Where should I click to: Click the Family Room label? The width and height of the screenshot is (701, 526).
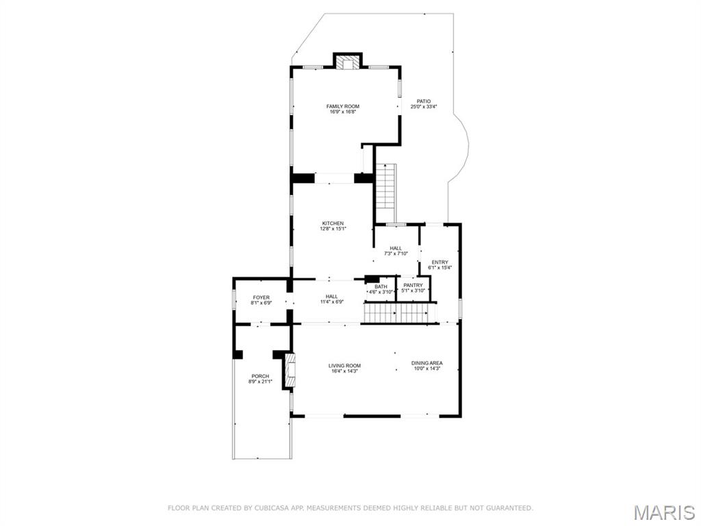pyautogui.click(x=342, y=106)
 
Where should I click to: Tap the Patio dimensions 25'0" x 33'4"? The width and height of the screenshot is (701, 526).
pyautogui.click(x=424, y=107)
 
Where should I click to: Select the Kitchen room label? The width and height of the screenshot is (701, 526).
pyautogui.click(x=333, y=223)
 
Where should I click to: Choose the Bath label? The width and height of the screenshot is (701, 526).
pyautogui.click(x=381, y=286)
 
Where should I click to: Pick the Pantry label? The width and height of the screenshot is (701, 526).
pyautogui.click(x=413, y=285)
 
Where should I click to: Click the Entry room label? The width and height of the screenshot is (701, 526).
pyautogui.click(x=439, y=262)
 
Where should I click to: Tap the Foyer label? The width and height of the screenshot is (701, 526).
pyautogui.click(x=261, y=297)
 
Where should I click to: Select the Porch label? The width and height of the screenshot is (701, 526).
pyautogui.click(x=260, y=376)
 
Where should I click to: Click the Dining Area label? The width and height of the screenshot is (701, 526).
pyautogui.click(x=426, y=363)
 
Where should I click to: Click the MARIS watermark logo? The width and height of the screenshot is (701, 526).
pyautogui.click(x=665, y=512)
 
